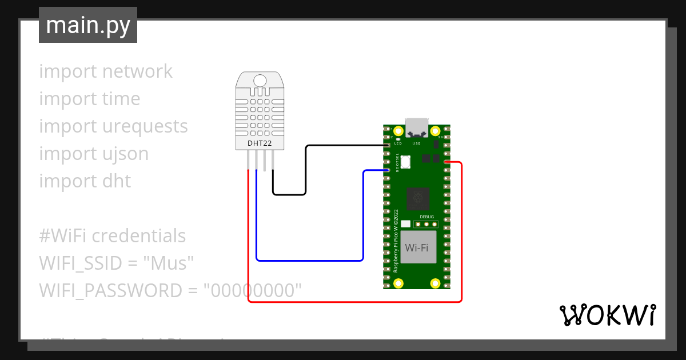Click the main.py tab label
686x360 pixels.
coord(88,25)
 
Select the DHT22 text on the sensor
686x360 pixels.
coord(260,143)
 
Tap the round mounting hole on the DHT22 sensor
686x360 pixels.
coord(260,80)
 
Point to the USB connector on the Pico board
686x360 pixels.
coord(417,127)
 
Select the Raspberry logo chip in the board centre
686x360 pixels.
coord(418,198)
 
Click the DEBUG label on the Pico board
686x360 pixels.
coord(426,217)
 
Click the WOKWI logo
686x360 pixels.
coord(607,315)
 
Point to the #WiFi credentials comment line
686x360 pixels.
coord(113,236)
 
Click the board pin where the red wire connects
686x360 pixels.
coord(446,162)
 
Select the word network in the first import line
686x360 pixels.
coord(137,71)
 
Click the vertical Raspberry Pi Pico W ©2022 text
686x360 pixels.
coord(396,240)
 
